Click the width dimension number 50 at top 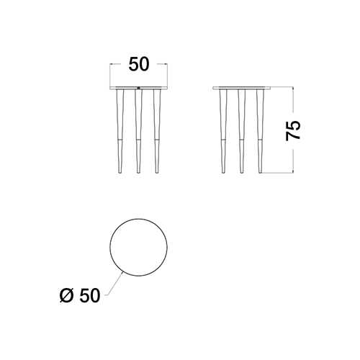point(139,64)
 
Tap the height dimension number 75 point(293,130)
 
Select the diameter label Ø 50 point(80,295)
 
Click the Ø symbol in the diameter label point(66,295)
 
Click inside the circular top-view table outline point(139,247)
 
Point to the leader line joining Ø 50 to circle point(115,284)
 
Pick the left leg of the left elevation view point(120,131)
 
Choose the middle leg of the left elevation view point(138,131)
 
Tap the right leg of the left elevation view point(157,131)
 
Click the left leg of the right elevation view point(223,131)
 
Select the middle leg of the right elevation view point(242,131)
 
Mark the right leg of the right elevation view point(260,131)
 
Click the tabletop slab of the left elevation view point(138,88)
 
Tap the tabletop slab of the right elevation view point(242,88)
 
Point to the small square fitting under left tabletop point(138,88)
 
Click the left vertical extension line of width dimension point(110,75)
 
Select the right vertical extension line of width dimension point(167,75)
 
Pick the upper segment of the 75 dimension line point(293,99)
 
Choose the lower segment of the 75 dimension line point(293,161)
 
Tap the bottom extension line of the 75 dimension point(278,173)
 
